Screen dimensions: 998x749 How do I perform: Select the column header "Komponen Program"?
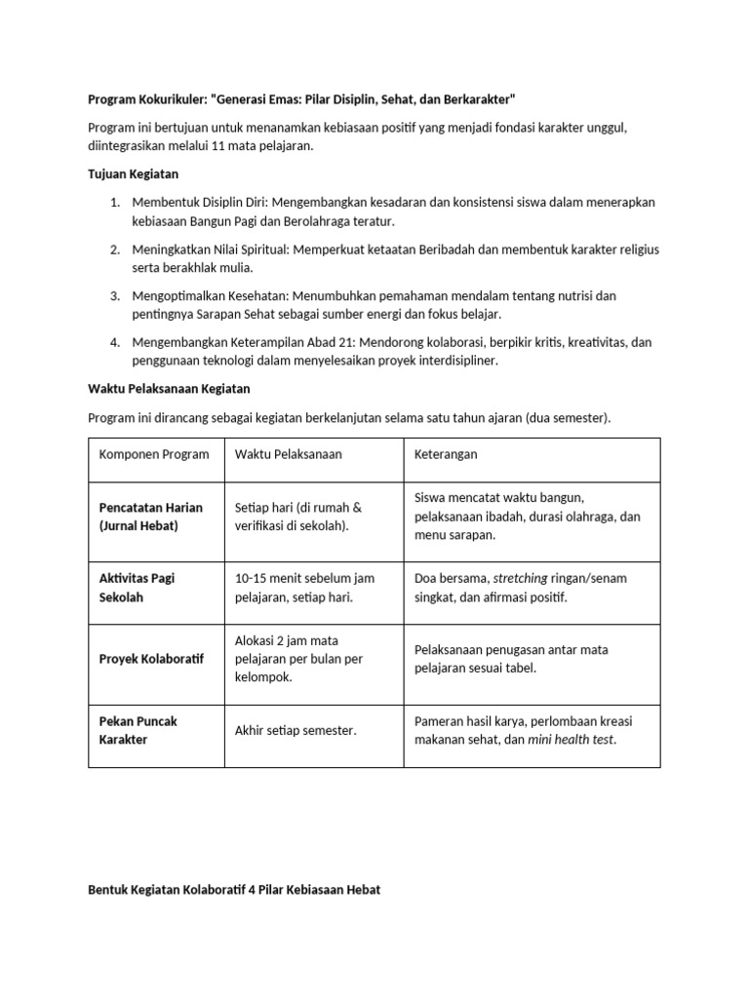tap(154, 455)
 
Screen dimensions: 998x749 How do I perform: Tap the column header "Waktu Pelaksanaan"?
tap(289, 455)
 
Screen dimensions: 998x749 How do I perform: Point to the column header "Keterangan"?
tap(446, 455)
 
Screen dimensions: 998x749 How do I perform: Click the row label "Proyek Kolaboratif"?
tap(152, 659)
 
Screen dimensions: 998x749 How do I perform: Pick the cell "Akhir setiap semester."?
tap(296, 730)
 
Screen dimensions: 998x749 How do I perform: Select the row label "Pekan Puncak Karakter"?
tap(138, 730)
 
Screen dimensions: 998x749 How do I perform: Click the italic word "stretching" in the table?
tap(521, 578)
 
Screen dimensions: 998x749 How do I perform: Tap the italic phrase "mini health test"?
tap(572, 739)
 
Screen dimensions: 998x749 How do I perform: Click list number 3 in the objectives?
tap(114, 295)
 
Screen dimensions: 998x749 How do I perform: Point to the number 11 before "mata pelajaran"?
tap(219, 146)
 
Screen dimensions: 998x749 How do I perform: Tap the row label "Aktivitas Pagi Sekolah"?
tap(137, 588)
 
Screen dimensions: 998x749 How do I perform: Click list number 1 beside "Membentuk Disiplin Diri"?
tap(114, 202)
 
